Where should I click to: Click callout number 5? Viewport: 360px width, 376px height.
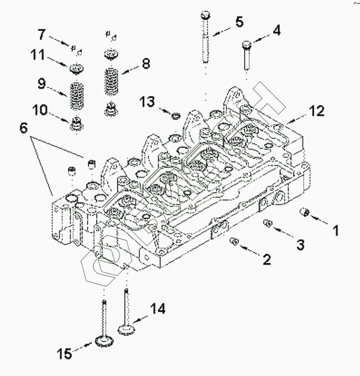(239, 22)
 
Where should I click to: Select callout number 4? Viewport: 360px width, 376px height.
(276, 31)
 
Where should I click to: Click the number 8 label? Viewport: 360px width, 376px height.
(145, 65)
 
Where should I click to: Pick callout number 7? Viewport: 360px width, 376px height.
(42, 34)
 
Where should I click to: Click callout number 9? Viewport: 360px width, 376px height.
(41, 84)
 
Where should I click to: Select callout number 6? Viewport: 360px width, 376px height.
(26, 129)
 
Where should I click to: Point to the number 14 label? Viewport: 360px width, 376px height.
(158, 309)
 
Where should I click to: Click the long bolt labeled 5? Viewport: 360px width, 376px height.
(204, 41)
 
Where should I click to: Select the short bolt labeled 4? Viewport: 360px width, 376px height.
(246, 55)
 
